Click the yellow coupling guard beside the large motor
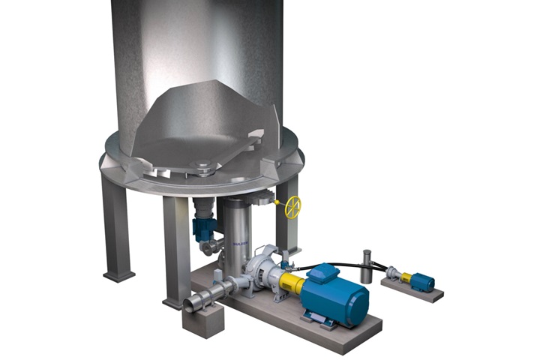292,284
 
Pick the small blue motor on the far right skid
422,282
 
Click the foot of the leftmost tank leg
118,275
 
